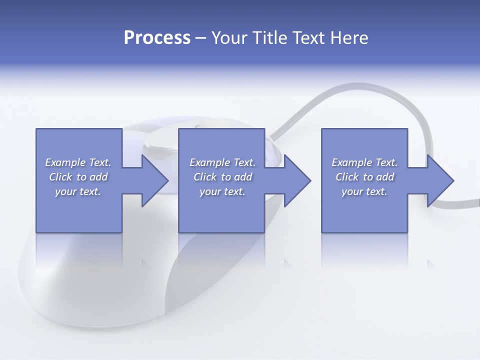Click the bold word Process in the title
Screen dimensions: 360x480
click(x=157, y=38)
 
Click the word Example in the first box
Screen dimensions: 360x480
click(x=65, y=162)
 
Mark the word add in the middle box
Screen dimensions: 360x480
click(x=243, y=177)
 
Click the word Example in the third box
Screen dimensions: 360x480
click(x=351, y=162)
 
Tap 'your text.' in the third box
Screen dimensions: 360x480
click(x=364, y=191)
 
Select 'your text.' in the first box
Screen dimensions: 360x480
click(x=78, y=191)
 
